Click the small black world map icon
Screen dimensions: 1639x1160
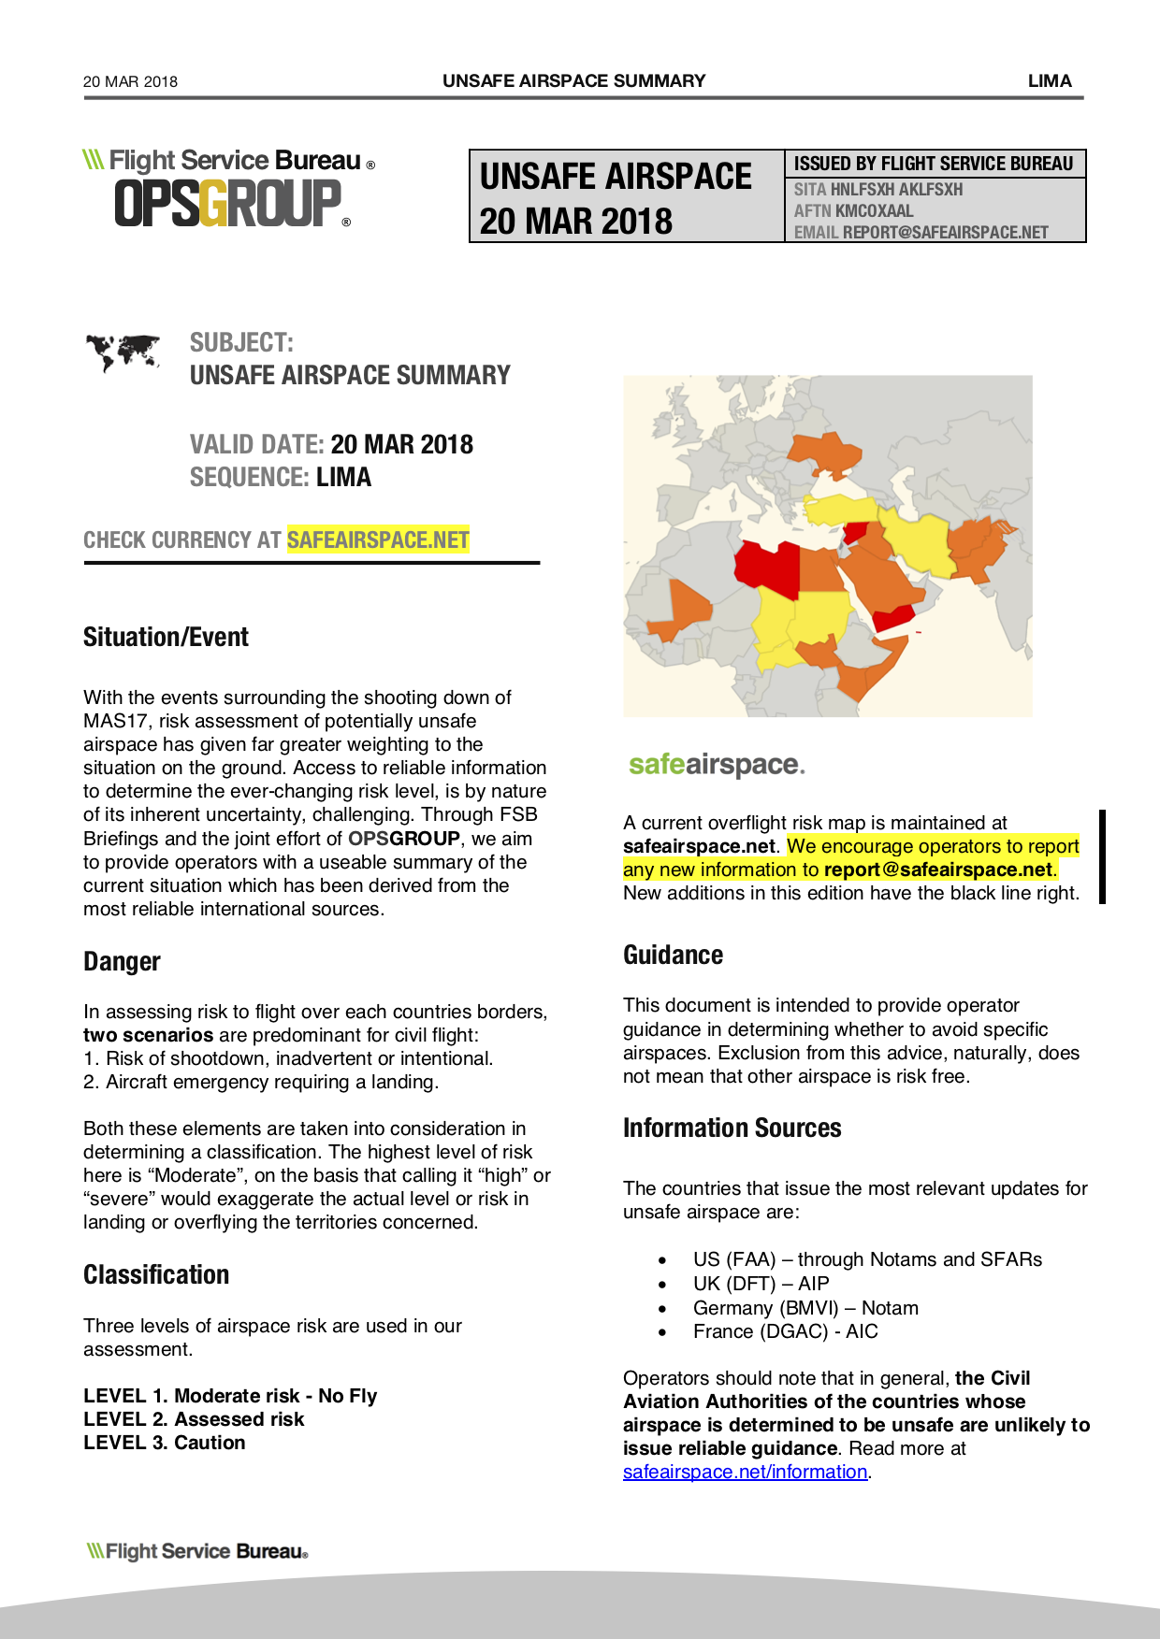(123, 352)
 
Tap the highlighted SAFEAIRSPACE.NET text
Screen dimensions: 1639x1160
(378, 540)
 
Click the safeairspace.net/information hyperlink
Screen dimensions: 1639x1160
(745, 1472)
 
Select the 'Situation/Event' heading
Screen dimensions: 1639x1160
(166, 638)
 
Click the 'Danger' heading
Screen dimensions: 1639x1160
(122, 962)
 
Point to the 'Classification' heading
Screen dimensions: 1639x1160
(156, 1275)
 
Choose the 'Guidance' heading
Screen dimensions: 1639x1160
(673, 956)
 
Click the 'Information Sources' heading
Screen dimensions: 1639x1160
(732, 1129)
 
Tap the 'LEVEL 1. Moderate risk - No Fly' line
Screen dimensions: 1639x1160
(230, 1396)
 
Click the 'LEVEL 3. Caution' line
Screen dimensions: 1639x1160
(165, 1443)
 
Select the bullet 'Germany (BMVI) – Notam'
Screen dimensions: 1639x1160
(805, 1308)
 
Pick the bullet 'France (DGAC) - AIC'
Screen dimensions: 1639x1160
(785, 1331)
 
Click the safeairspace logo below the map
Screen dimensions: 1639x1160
(717, 765)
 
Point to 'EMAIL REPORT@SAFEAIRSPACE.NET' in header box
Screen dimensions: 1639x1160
(921, 233)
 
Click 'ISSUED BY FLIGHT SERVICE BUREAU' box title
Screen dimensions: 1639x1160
(933, 164)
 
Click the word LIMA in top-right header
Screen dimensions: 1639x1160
(1050, 80)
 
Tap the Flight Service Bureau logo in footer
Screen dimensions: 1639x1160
(197, 1551)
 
